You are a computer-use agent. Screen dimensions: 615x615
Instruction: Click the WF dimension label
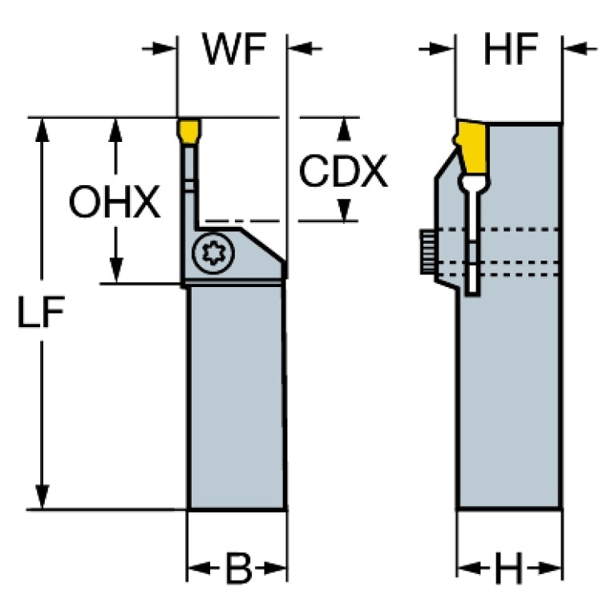tap(233, 50)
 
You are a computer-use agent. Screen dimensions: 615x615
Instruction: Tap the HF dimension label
tap(509, 50)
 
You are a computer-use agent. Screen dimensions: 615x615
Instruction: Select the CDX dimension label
tap(343, 170)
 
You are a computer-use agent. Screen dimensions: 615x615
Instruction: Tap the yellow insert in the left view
tap(189, 131)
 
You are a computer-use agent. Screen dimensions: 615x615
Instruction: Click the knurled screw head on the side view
tap(427, 253)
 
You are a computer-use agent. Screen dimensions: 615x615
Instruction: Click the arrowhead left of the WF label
tap(167, 49)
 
